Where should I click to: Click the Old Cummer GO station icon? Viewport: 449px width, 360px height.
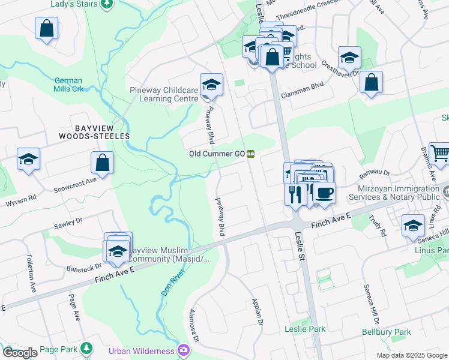coord(252,154)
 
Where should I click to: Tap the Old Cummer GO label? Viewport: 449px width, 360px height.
coord(217,154)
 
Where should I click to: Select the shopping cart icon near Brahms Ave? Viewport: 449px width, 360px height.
coord(440,154)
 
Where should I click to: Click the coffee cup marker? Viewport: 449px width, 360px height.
coord(324,193)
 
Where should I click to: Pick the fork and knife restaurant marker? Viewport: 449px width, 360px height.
coord(295,194)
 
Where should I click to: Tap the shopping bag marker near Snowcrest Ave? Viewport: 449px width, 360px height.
coord(102,163)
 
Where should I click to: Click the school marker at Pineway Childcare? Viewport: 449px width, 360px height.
coord(211,85)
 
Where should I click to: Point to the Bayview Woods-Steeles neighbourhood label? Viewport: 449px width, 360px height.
coord(94,132)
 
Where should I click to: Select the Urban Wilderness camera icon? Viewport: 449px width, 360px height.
coord(183,350)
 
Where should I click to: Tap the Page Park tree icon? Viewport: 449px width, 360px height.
coord(87,348)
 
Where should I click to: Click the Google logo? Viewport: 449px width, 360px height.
coord(20,353)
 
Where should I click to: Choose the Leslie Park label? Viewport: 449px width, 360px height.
coord(305,329)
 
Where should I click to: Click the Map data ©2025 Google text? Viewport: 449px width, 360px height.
coord(411,355)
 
